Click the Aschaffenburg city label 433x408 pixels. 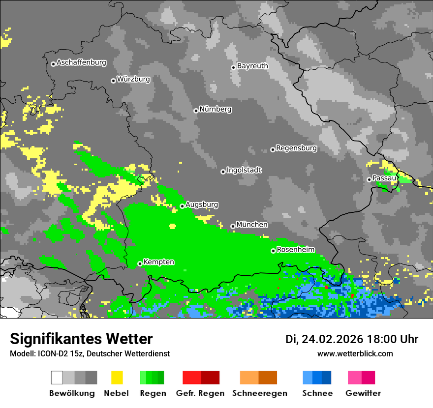pyautogui.click(x=81, y=63)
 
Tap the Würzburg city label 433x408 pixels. pyautogui.click(x=133, y=79)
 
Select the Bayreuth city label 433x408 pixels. pyautogui.click(x=252, y=66)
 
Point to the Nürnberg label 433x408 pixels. pyautogui.click(x=216, y=110)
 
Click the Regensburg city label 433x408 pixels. pyautogui.click(x=296, y=148)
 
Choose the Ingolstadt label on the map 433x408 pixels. pyautogui.click(x=244, y=170)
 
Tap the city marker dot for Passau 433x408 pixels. pyautogui.click(x=369, y=179)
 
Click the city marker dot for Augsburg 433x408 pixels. pyautogui.click(x=182, y=206)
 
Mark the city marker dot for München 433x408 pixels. pyautogui.click(x=233, y=226)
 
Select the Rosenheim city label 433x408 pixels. pyautogui.click(x=295, y=250)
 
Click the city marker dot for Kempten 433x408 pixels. pyautogui.click(x=140, y=263)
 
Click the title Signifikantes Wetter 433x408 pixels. pyautogui.click(x=81, y=339)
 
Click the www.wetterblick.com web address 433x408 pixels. pyautogui.click(x=355, y=354)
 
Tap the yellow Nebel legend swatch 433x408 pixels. pyautogui.click(x=117, y=378)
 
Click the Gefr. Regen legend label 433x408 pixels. pyautogui.click(x=200, y=393)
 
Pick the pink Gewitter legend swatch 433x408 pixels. pyautogui.click(x=355, y=378)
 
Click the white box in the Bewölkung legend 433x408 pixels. pyautogui.click(x=57, y=378)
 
